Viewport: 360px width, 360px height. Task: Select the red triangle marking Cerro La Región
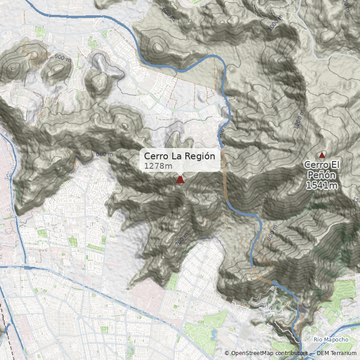(x=180, y=180)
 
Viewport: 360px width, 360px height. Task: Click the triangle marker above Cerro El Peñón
(x=322, y=155)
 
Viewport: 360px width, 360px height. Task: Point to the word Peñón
(x=322, y=175)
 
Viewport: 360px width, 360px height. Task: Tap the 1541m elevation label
(x=322, y=185)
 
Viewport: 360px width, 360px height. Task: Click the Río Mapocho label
(x=331, y=339)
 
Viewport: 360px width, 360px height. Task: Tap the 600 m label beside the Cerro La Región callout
(x=104, y=154)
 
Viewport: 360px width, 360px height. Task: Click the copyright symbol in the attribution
(x=227, y=353)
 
